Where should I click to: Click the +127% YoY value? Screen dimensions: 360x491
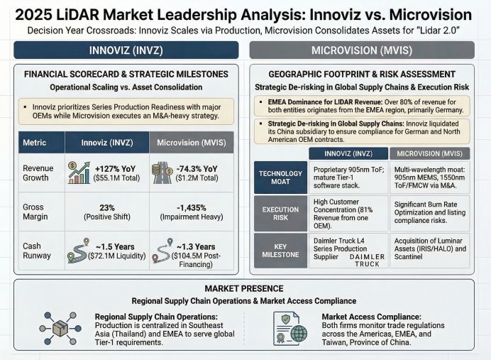[x=113, y=168]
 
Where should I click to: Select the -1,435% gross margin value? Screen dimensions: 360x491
[x=191, y=207]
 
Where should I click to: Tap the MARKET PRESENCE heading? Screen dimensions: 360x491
[x=245, y=288]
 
